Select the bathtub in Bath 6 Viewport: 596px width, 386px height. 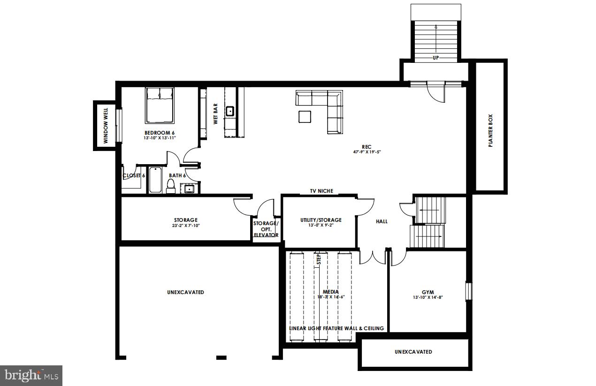click(155, 181)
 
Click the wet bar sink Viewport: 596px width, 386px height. click(230, 112)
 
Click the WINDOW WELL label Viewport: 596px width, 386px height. click(106, 125)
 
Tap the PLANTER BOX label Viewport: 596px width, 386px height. click(490, 131)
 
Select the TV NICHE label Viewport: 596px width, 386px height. click(321, 191)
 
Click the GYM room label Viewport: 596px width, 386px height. click(428, 292)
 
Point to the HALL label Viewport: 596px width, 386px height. click(382, 221)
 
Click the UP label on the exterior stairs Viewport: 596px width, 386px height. click(436, 58)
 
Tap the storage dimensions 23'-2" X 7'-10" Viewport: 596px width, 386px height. click(186, 226)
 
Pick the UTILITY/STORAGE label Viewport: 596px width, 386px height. click(321, 220)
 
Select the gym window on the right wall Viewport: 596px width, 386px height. click(468, 291)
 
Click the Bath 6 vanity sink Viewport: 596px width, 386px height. click(190, 189)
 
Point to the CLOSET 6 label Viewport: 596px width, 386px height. click(134, 175)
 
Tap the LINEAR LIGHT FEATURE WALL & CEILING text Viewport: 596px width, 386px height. click(337, 328)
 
